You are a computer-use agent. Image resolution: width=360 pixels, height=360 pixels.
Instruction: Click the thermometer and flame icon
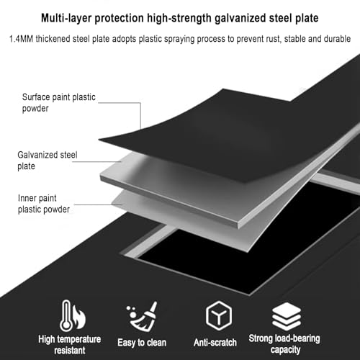[73, 315]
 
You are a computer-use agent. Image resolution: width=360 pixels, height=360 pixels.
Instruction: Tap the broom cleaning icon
[142, 316]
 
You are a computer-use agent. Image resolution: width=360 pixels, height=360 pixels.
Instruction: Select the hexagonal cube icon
[219, 315]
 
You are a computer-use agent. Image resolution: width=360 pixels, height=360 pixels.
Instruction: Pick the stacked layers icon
[287, 316]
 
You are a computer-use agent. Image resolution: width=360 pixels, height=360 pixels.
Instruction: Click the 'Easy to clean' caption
[142, 343]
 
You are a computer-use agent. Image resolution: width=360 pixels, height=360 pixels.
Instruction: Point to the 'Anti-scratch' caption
[215, 343]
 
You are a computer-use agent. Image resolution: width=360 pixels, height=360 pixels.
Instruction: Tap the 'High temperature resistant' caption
[70, 345]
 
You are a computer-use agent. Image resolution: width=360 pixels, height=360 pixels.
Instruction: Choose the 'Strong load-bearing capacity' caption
[284, 344]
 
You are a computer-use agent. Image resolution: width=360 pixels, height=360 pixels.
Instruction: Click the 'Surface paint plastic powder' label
[59, 102]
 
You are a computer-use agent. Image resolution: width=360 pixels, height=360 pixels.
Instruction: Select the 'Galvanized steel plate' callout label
[48, 161]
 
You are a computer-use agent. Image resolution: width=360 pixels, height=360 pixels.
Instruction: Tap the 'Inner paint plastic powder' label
[44, 204]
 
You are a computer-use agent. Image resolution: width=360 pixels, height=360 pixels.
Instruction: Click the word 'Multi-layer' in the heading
[66, 19]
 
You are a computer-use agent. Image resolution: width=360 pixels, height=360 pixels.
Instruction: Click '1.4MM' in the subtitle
[21, 39]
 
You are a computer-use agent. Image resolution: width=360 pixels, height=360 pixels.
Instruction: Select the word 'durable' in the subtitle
[338, 39]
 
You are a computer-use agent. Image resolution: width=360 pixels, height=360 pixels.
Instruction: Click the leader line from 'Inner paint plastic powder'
[98, 204]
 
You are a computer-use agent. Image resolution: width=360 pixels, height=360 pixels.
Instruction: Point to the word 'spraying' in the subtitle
[179, 39]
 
